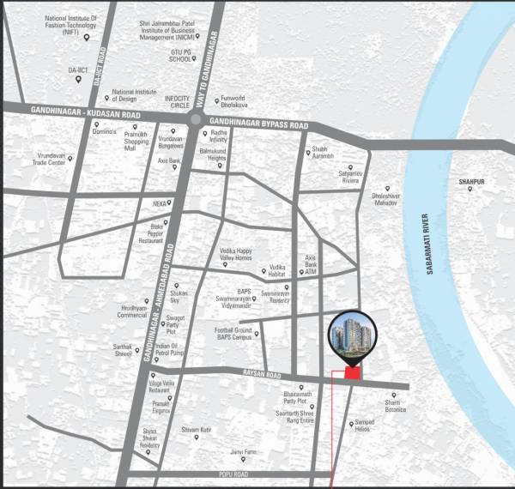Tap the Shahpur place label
(471, 182)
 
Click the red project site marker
(351, 372)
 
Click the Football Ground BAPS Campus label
(233, 334)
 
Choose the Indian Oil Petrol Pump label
(165, 347)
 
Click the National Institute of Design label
(135, 94)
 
